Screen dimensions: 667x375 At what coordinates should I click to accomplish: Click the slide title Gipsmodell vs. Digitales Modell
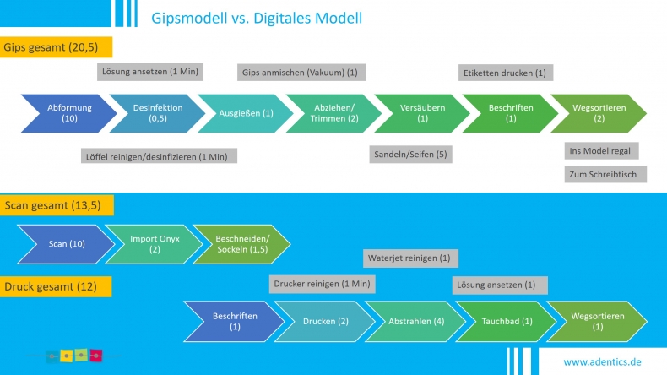pyautogui.click(x=257, y=18)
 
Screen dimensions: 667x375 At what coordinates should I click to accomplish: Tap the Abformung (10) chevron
pyautogui.click(x=69, y=113)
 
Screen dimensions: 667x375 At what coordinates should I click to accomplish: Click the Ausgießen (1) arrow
pyautogui.click(x=246, y=113)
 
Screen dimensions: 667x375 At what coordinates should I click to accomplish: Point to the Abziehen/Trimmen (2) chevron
pyautogui.click(x=334, y=113)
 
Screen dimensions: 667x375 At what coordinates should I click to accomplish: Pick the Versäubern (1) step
pyautogui.click(x=422, y=113)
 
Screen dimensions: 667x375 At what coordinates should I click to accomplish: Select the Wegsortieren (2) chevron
pyautogui.click(x=599, y=113)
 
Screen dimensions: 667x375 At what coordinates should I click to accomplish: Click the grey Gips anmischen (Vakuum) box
pyautogui.click(x=301, y=73)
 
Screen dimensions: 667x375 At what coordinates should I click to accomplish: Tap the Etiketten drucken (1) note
pyautogui.click(x=506, y=73)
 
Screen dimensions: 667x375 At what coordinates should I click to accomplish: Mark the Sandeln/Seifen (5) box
pyautogui.click(x=410, y=154)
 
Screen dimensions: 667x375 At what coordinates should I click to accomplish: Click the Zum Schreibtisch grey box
pyautogui.click(x=605, y=174)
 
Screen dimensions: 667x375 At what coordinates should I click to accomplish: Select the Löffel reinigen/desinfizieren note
pyautogui.click(x=159, y=156)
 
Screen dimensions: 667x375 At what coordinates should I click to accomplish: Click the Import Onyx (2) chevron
pyautogui.click(x=155, y=244)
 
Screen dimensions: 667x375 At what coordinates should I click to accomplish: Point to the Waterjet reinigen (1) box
pyautogui.click(x=410, y=258)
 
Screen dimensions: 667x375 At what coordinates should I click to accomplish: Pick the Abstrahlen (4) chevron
pyautogui.click(x=416, y=321)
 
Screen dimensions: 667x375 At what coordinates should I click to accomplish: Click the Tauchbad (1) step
pyautogui.click(x=507, y=321)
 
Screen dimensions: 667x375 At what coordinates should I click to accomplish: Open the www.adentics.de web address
pyautogui.click(x=602, y=361)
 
